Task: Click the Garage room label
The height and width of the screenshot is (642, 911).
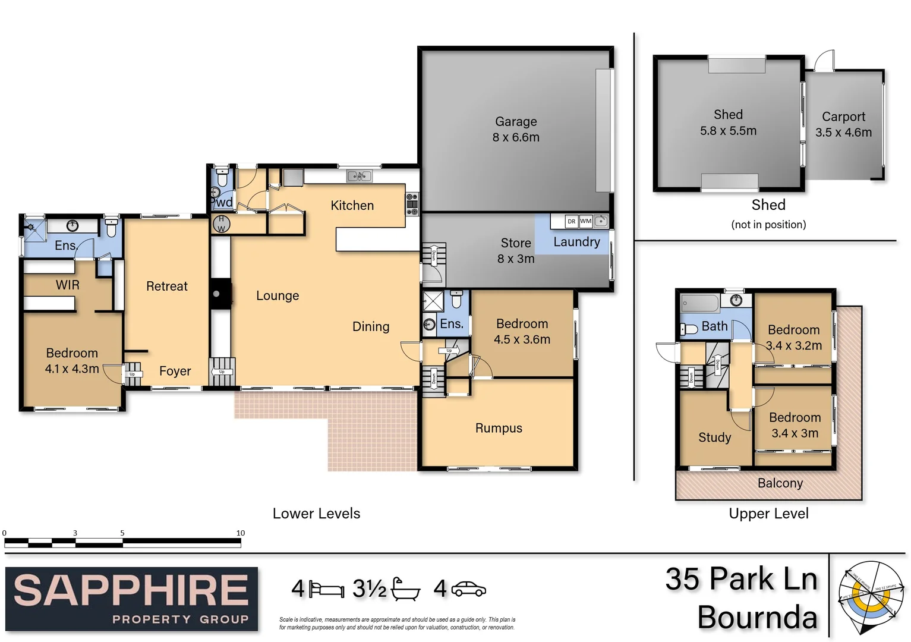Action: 515,122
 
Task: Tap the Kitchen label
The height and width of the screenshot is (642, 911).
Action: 352,206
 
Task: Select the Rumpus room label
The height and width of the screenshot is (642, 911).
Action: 499,428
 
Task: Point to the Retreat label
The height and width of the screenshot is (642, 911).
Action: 166,287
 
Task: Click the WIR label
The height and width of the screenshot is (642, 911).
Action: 68,285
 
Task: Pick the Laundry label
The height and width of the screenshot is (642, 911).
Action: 576,242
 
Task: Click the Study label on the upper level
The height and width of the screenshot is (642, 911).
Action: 714,438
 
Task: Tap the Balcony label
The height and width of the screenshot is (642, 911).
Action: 780,483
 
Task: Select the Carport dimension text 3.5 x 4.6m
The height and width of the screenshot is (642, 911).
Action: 843,133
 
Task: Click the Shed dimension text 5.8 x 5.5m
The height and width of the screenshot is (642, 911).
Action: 728,131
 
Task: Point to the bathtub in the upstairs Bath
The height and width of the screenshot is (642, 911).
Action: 700,303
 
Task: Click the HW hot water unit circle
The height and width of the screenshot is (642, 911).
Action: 222,224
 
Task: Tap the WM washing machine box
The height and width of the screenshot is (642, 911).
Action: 586,221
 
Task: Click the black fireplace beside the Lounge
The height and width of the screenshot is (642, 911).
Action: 219,294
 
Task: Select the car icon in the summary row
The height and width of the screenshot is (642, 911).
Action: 468,589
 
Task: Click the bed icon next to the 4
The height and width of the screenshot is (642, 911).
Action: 326,590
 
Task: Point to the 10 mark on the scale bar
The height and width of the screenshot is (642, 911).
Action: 240,533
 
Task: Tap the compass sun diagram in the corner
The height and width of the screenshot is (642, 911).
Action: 869,597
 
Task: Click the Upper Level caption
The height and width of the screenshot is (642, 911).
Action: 768,514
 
